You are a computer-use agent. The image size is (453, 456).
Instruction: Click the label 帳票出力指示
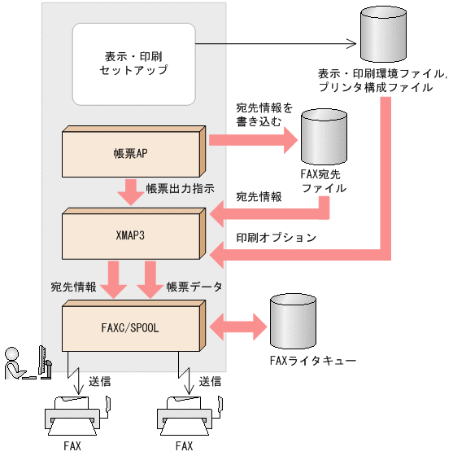pos(180,188)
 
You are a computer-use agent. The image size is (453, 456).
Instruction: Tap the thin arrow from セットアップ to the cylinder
pos(277,44)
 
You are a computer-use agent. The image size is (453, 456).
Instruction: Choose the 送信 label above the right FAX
pos(211,380)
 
